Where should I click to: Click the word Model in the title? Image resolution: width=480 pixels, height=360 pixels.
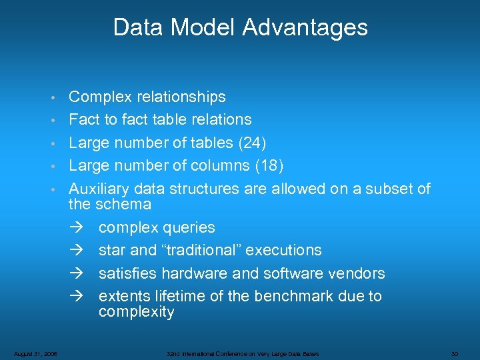pyautogui.click(x=203, y=27)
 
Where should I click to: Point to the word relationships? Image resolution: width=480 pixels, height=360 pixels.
pyautogui.click(x=181, y=97)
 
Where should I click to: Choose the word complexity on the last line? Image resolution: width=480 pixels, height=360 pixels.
pyautogui.click(x=136, y=311)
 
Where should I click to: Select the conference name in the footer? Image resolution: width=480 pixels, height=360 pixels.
pyautogui.click(x=243, y=353)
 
